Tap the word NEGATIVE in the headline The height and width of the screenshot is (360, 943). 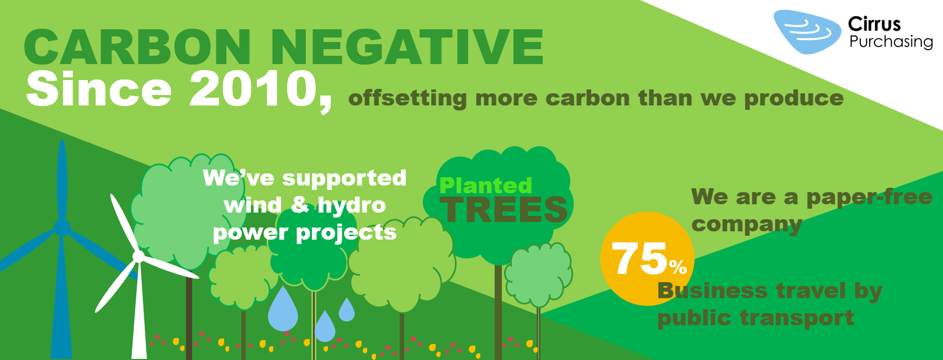pos(407,47)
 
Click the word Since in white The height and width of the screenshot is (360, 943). pos(99,89)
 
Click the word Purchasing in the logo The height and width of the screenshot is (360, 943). pos(891,41)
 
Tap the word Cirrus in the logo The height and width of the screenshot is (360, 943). pos(874,24)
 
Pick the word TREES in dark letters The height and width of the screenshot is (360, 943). pos(504,210)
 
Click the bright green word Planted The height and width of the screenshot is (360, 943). pos(486,186)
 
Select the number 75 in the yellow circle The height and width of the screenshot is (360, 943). pos(639,258)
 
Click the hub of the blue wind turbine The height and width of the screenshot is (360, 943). pos(62,228)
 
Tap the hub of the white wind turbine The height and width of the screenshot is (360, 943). pos(138,256)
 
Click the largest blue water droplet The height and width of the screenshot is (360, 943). pos(283,309)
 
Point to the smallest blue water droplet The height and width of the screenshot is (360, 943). pos(347,310)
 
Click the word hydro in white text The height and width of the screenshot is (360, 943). pos(352,205)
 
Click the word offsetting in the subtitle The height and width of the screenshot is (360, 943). pos(407,98)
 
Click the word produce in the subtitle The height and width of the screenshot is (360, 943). pos(794,99)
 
